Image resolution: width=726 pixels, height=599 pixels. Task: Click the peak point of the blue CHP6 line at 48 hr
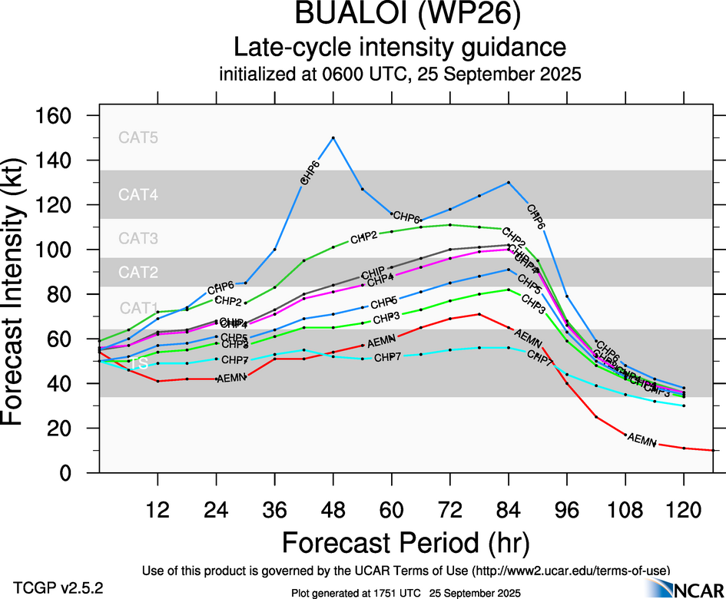point(333,137)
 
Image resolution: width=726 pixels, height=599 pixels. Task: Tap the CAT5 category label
point(138,138)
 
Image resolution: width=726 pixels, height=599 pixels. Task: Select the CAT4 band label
point(138,194)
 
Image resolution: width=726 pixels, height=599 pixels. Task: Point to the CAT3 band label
point(138,239)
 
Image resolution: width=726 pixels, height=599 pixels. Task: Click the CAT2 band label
point(138,272)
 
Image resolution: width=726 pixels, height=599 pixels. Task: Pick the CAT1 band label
point(138,308)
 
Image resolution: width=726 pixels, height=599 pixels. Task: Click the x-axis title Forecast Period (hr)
point(406,542)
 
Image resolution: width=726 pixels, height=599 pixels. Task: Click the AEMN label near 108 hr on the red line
point(642,440)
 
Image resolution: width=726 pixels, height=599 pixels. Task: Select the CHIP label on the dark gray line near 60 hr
point(372,273)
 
